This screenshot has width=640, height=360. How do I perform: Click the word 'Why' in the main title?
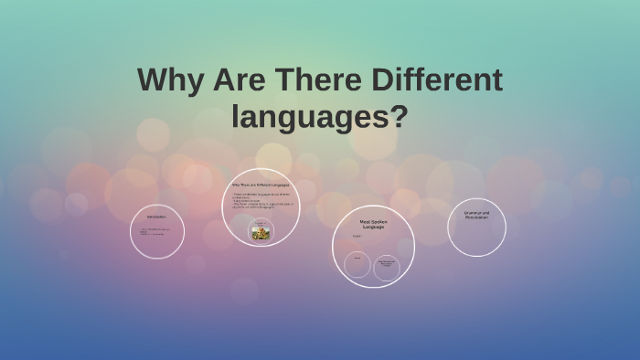(169, 80)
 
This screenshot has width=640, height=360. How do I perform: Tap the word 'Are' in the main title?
(240, 80)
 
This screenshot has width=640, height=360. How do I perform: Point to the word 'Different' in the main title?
(437, 80)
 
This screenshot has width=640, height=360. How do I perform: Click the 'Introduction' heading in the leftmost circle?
(156, 217)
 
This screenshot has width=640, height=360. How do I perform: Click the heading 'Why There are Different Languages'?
(260, 185)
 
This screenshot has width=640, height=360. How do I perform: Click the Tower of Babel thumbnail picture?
(261, 232)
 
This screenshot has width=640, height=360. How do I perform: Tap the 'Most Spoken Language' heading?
(372, 223)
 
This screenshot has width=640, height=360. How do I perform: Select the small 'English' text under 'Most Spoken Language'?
(357, 237)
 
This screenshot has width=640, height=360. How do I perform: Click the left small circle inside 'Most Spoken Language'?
(357, 265)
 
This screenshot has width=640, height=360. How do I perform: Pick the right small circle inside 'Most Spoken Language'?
(387, 267)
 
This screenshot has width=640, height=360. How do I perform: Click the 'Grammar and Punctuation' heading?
(476, 214)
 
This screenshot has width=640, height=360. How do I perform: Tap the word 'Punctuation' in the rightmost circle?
(476, 217)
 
